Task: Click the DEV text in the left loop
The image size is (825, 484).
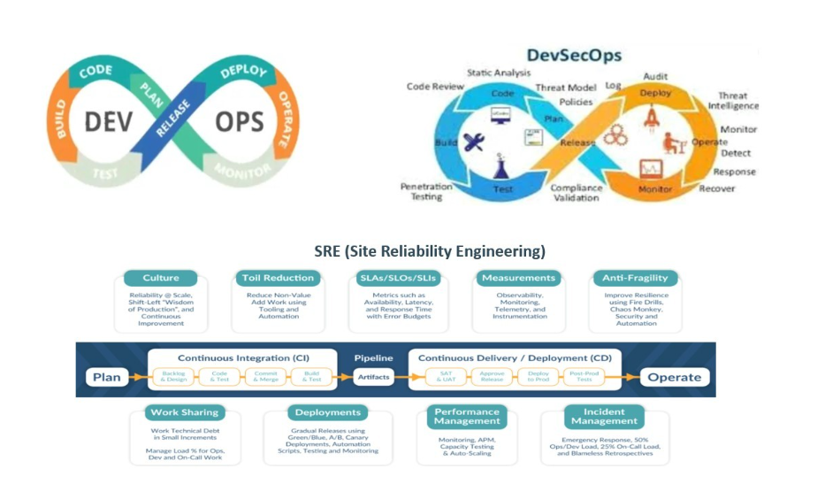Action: click(109, 120)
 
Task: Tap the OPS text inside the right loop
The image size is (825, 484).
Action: click(239, 120)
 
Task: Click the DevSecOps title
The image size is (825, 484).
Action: click(574, 56)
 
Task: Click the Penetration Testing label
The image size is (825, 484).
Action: click(426, 191)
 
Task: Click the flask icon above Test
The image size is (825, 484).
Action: click(502, 165)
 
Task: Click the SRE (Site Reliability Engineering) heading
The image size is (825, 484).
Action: click(430, 250)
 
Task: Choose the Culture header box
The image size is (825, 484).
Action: click(160, 278)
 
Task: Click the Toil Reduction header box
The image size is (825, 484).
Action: click(278, 278)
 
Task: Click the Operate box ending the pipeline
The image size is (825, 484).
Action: click(674, 377)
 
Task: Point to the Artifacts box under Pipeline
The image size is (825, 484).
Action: click(373, 377)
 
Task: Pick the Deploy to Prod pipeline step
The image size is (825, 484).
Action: click(538, 376)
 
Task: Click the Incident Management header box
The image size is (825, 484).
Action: click(604, 417)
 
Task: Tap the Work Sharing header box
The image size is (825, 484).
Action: click(184, 412)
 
